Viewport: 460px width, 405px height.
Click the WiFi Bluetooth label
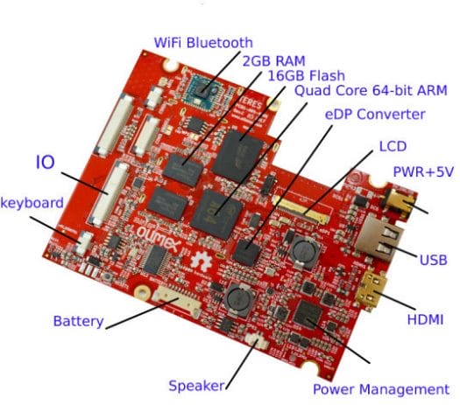203,43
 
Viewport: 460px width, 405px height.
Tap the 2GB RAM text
274,61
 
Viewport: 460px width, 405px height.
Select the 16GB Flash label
307,75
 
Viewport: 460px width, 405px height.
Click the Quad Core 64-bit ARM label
371,90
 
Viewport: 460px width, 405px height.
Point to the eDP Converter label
375,114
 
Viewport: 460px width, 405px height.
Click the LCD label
393,146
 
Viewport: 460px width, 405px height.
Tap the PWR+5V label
423,172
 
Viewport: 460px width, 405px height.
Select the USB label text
434,260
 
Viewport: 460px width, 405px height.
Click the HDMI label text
425,319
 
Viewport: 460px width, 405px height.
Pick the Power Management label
381,389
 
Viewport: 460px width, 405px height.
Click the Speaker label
196,386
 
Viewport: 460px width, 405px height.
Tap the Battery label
78,321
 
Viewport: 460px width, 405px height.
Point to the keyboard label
32,203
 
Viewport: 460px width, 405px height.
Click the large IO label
46,162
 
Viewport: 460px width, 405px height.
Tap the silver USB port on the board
379,239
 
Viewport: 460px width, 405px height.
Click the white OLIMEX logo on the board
157,238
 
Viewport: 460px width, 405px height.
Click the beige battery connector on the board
177,301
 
